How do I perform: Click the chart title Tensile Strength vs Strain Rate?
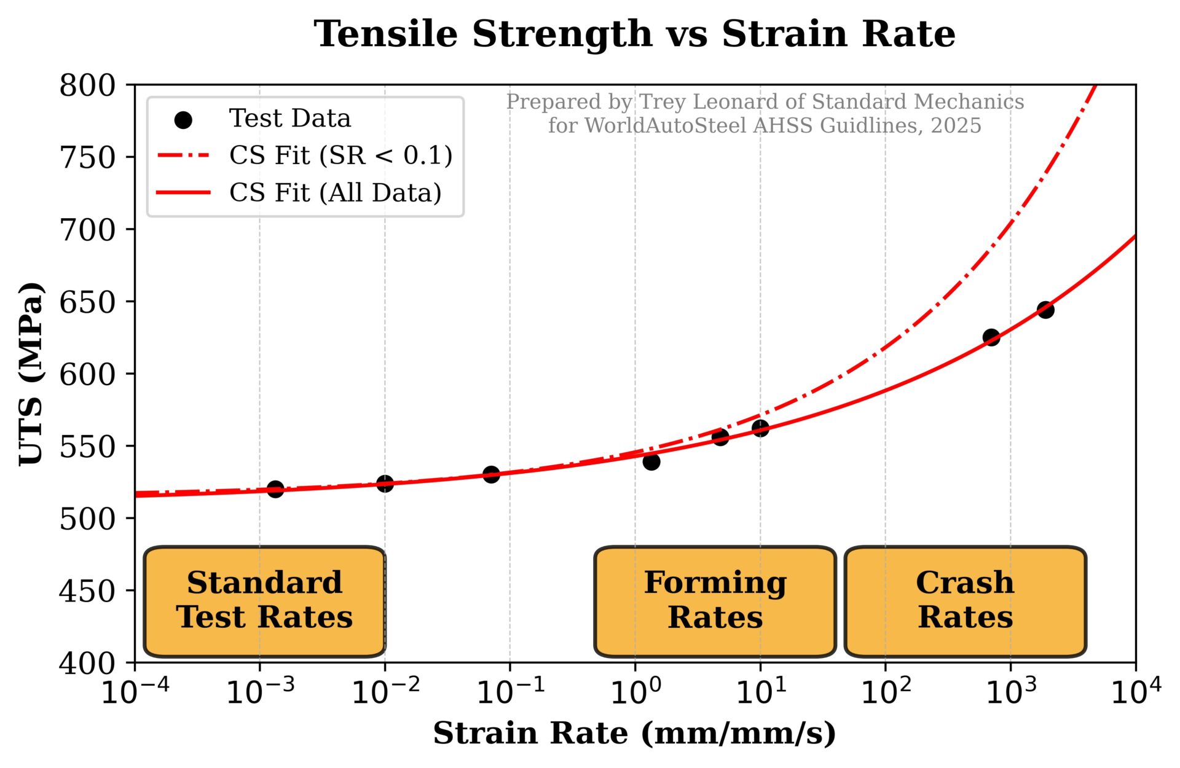point(634,34)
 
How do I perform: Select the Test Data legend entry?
point(289,119)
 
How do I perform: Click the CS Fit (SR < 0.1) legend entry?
point(340,156)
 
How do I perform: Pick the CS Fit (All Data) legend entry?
point(335,193)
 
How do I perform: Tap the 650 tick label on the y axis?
point(88,302)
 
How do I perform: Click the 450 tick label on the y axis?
point(88,591)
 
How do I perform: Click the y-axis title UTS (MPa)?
point(31,374)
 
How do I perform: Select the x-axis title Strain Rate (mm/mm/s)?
point(634,734)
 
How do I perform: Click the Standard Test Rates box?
point(264,600)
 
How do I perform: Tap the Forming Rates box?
point(715,600)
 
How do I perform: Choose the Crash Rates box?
point(965,600)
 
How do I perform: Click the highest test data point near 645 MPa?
point(1045,310)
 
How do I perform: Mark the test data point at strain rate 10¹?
point(760,428)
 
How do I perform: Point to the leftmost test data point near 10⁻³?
point(275,489)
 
